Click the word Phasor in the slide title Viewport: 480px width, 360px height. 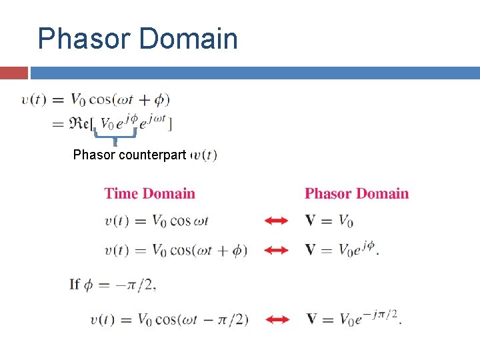click(83, 39)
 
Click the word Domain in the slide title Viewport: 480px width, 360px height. click(189, 39)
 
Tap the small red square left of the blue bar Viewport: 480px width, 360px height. click(14, 73)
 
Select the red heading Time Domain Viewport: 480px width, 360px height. click(150, 194)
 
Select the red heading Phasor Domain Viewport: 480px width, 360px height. click(357, 194)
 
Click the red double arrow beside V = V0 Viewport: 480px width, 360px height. click(276, 221)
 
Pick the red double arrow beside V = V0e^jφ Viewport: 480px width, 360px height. click(276, 250)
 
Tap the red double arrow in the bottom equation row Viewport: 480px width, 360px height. click(276, 319)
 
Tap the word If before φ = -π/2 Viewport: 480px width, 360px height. click(75, 285)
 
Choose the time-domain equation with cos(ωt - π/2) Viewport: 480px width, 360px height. click(169, 319)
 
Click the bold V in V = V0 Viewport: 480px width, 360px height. click(311, 221)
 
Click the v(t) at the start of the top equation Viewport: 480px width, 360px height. click(33, 100)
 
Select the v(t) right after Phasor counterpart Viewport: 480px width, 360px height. click(204, 155)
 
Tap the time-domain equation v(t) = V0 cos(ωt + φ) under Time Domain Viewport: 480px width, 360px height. click(175, 250)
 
